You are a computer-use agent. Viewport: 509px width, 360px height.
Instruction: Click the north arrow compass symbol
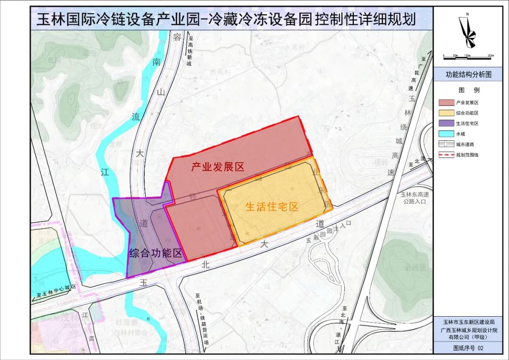coord(468,32)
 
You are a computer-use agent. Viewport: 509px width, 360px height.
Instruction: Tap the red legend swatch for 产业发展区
coord(445,102)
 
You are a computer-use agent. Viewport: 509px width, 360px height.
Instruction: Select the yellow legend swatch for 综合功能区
coord(445,113)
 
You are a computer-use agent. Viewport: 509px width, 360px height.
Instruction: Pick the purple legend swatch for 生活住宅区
coord(445,123)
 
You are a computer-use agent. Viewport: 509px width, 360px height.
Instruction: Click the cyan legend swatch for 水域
coord(445,133)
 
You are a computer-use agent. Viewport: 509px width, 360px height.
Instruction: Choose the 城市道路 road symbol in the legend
coord(445,144)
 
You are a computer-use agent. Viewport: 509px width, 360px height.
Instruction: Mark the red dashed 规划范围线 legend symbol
coord(445,155)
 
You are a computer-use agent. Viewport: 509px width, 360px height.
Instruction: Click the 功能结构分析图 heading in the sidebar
coord(468,74)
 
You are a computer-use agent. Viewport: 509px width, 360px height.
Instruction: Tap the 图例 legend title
coord(468,90)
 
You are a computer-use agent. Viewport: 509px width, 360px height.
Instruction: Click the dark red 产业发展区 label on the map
coord(217,167)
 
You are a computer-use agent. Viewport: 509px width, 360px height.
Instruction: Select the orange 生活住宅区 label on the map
coord(272,206)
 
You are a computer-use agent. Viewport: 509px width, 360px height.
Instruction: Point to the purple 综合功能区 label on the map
coord(156,253)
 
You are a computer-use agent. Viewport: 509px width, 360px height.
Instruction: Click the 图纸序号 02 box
coord(468,348)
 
